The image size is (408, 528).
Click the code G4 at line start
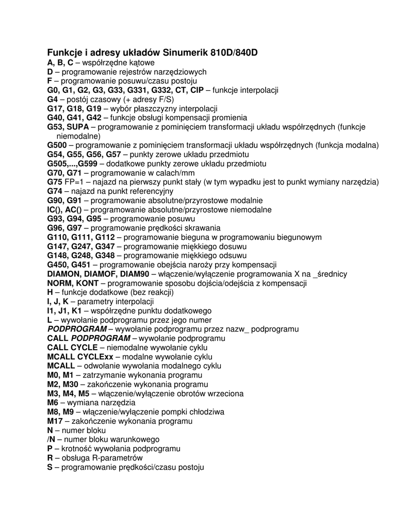(53, 99)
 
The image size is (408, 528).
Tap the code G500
(57, 145)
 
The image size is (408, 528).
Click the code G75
(55, 182)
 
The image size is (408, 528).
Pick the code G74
(55, 191)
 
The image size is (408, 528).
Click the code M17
(55, 421)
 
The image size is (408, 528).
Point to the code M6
(53, 403)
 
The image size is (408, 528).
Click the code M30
(71, 384)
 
